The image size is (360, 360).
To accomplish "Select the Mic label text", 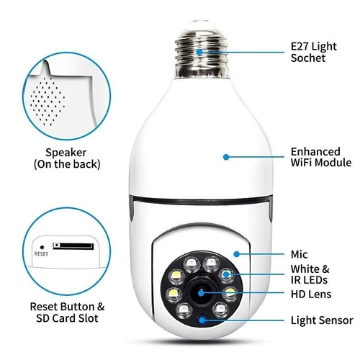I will tap(298, 253).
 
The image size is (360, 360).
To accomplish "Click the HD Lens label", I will tap(310, 294).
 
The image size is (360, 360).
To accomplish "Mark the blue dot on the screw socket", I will tap(198, 52).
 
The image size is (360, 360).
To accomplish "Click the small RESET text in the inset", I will tap(41, 254).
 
